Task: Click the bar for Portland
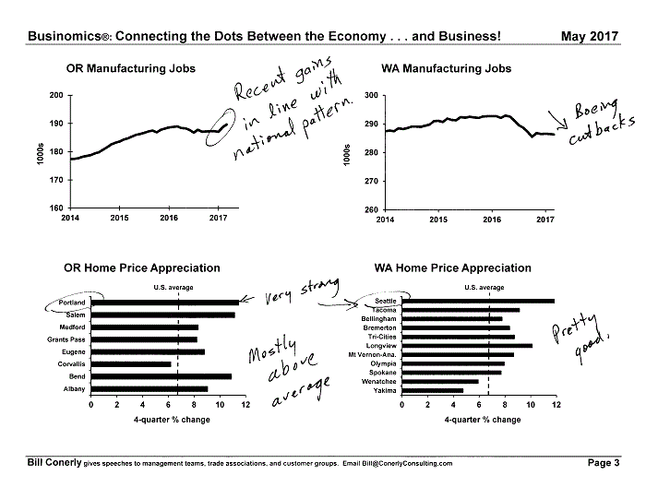pos(165,303)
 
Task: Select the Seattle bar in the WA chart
pos(478,301)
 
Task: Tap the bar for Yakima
pos(433,390)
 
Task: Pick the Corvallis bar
pos(131,364)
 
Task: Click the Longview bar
pos(467,346)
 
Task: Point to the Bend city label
pos(77,376)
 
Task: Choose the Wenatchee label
pos(378,382)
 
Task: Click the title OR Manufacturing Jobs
pos(131,68)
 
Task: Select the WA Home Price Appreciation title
pos(453,268)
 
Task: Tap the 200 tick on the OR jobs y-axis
pos(56,95)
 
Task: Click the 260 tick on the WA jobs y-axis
pos(371,209)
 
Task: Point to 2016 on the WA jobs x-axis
pos(492,220)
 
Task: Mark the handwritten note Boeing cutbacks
pos(600,122)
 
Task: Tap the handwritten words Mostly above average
pos(288,371)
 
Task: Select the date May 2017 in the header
pos(590,36)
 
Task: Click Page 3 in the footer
pos(604,463)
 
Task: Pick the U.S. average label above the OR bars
pos(173,288)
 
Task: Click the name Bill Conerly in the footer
pos(54,462)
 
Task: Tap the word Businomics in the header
pos(65,36)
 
